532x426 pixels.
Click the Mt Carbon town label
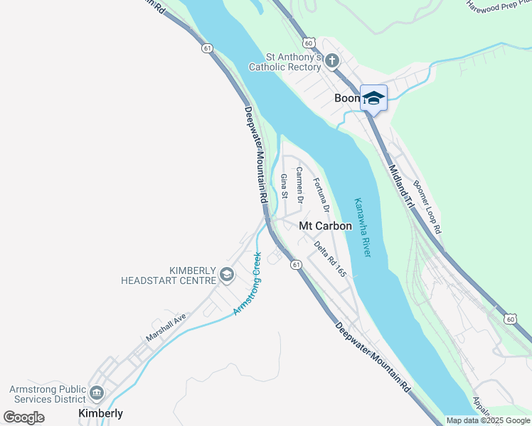point(325,226)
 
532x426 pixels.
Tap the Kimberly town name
point(100,413)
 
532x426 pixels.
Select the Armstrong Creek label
point(248,284)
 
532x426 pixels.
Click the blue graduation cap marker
point(373,98)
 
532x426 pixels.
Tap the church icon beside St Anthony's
point(331,61)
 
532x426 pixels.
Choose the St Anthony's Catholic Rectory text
point(284,62)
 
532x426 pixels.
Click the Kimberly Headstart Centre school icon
point(226,275)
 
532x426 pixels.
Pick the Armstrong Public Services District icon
point(97,392)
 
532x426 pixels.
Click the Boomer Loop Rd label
point(427,207)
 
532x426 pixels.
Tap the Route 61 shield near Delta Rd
point(294,264)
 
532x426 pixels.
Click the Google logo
point(24,417)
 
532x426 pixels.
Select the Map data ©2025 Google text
point(487,420)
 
